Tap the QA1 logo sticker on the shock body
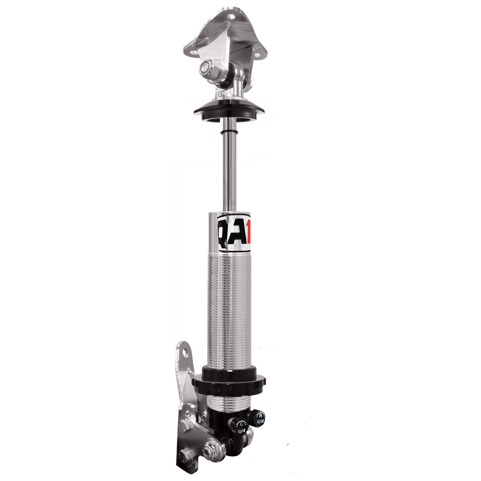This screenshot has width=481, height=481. pyautogui.click(x=234, y=233)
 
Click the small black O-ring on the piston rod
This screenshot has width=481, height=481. pyautogui.click(x=229, y=132)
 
